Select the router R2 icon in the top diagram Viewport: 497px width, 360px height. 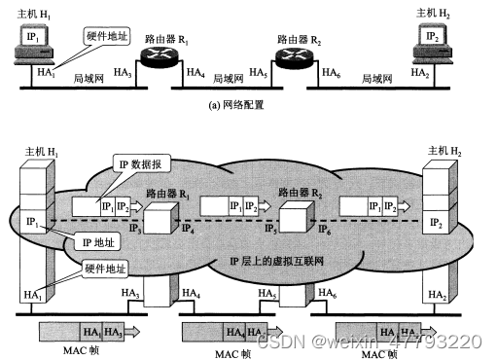(x=295, y=59)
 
